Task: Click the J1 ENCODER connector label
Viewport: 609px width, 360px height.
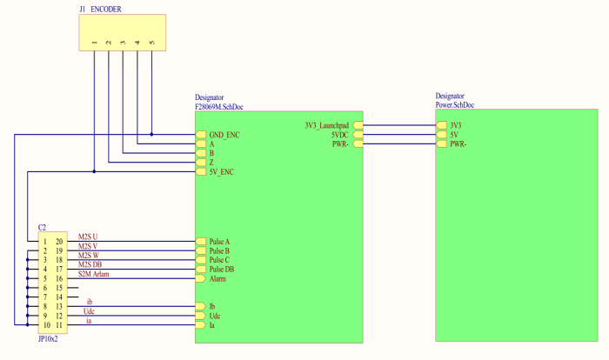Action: click(100, 9)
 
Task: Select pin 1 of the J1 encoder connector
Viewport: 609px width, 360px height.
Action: click(94, 43)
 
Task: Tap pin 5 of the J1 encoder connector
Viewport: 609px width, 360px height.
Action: click(151, 43)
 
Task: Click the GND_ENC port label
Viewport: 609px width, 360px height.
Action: click(224, 135)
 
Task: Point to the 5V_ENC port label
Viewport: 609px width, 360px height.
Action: click(221, 172)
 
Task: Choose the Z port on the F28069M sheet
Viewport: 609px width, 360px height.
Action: click(211, 163)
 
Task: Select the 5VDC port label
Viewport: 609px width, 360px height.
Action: click(338, 135)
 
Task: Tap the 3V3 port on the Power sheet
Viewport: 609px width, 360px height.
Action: click(456, 125)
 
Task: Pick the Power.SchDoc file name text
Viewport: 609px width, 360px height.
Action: click(455, 105)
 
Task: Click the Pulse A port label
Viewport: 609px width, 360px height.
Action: click(220, 241)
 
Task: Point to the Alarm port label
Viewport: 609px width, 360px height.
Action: click(218, 279)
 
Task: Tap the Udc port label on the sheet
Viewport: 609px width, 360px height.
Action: click(215, 316)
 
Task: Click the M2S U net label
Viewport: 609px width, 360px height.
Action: click(88, 237)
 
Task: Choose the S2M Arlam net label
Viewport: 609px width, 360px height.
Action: click(94, 275)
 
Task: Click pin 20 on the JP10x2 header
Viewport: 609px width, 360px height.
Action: click(59, 241)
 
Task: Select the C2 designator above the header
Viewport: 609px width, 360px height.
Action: click(42, 227)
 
